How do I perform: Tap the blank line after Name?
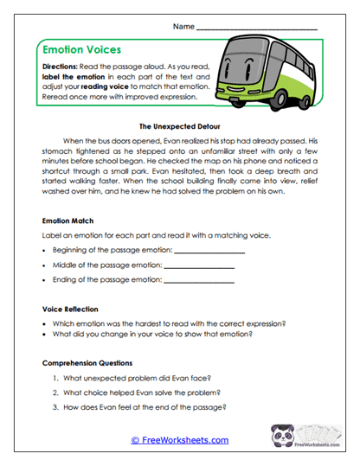[x=257, y=28]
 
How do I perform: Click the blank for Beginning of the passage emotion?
[x=209, y=250]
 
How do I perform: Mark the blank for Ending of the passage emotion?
[x=199, y=280]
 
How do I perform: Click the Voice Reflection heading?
[x=72, y=308]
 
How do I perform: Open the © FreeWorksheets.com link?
[x=179, y=440]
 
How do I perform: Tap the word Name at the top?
[x=183, y=27]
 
